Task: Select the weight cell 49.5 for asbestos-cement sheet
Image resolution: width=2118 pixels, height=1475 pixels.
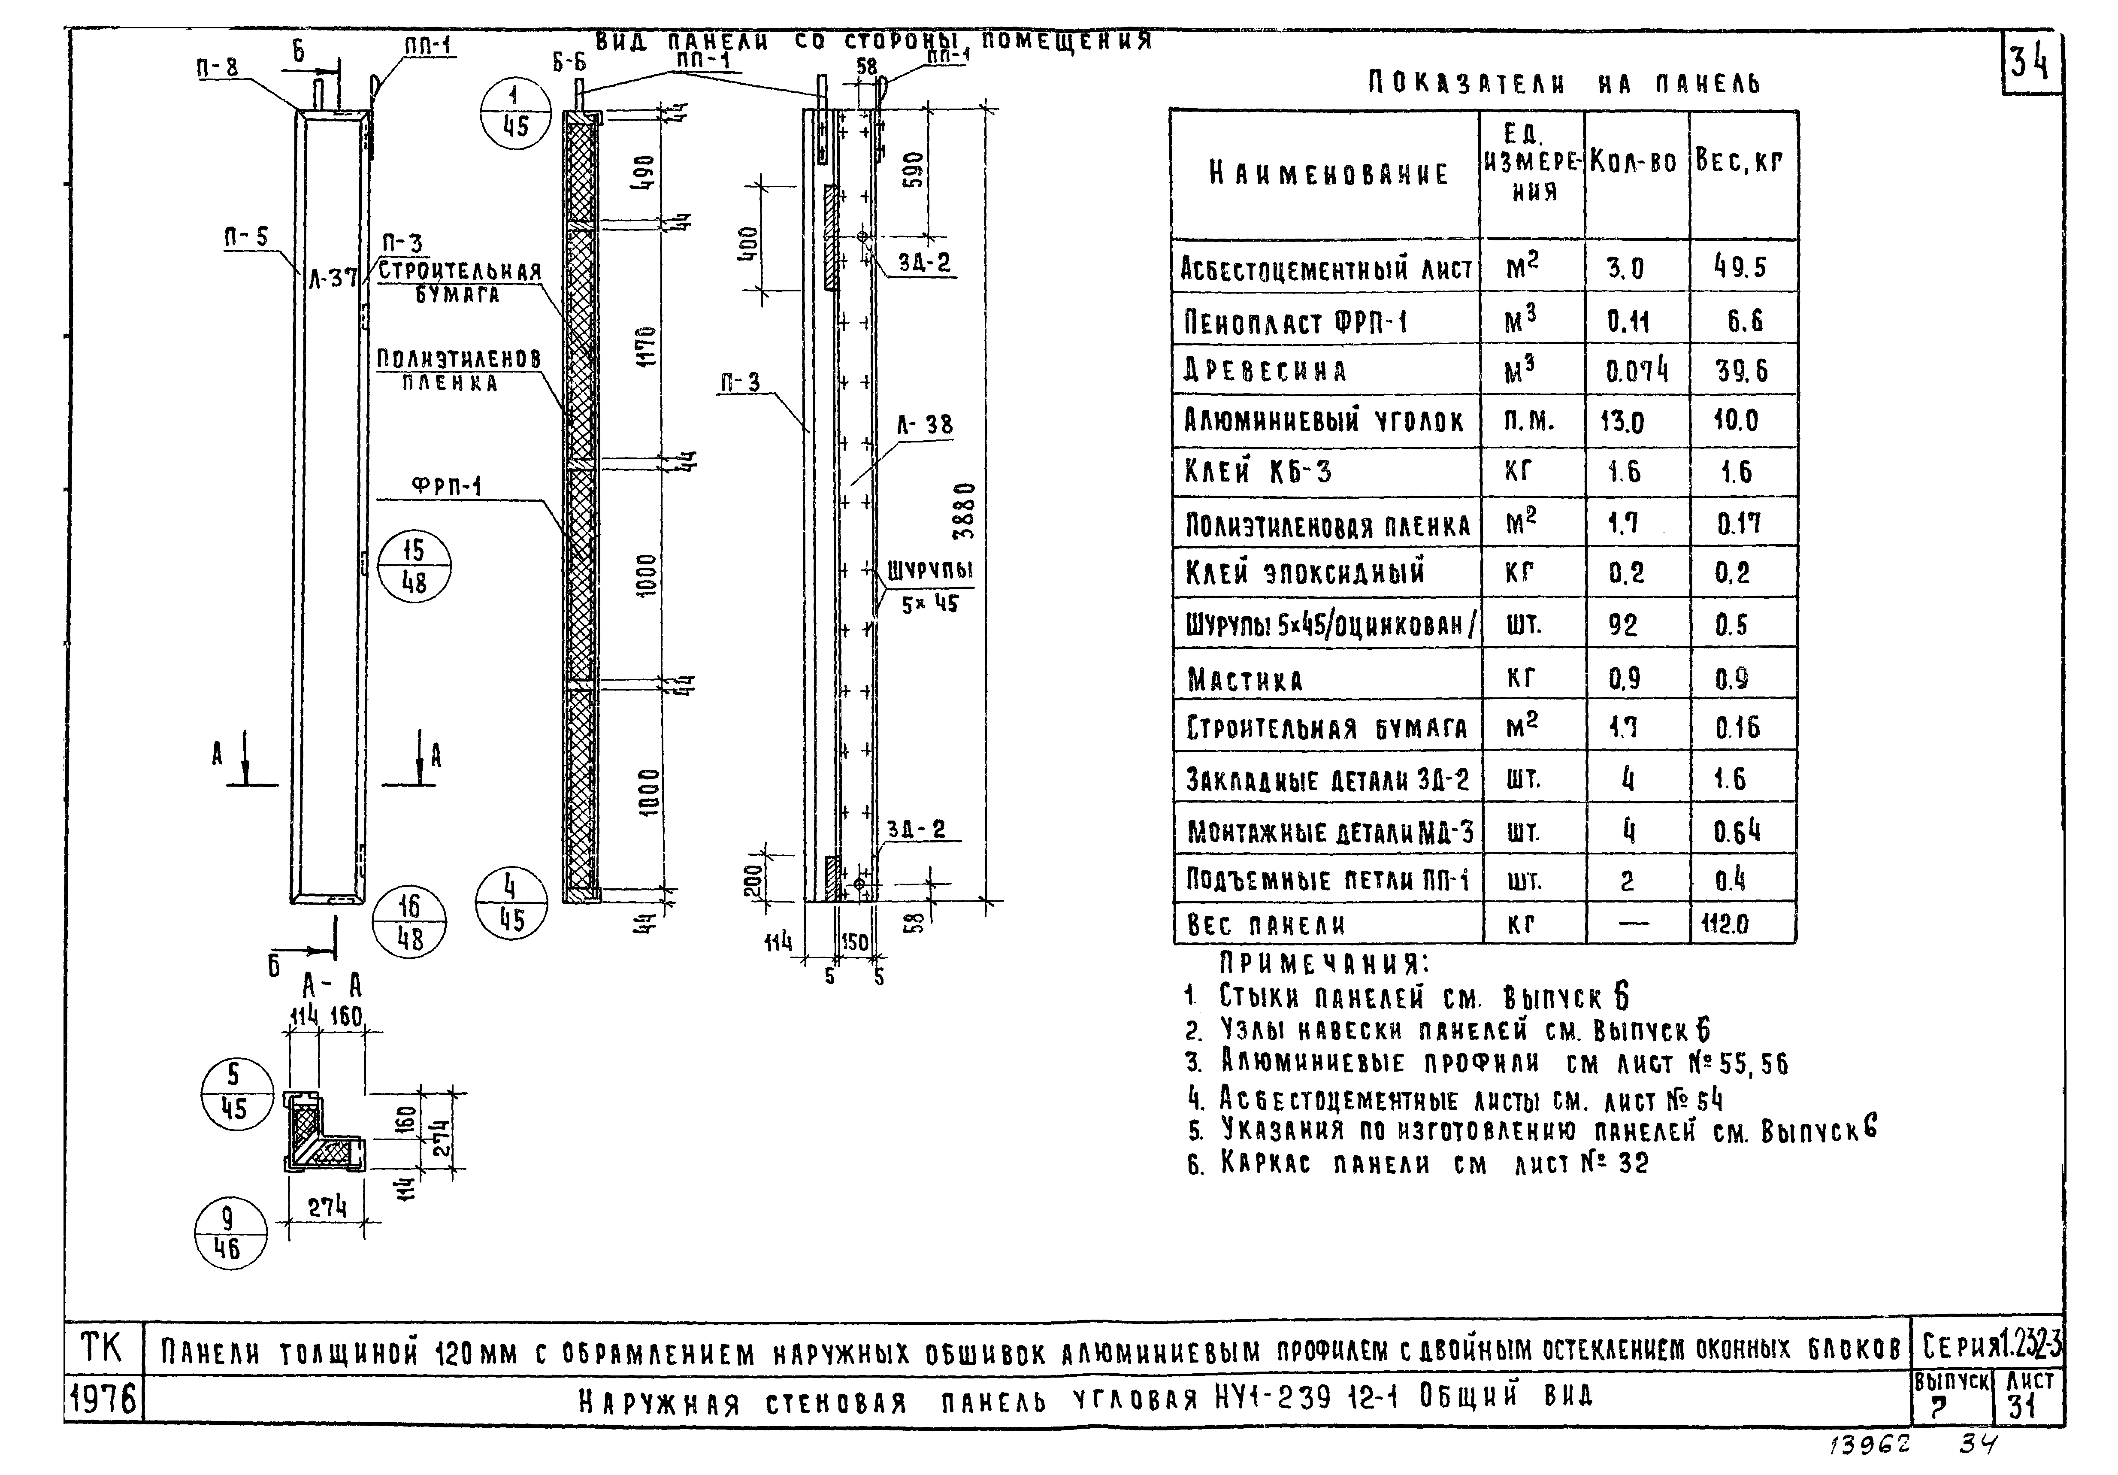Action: coord(1740,267)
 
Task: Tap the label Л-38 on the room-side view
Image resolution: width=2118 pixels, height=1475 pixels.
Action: coord(924,424)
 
